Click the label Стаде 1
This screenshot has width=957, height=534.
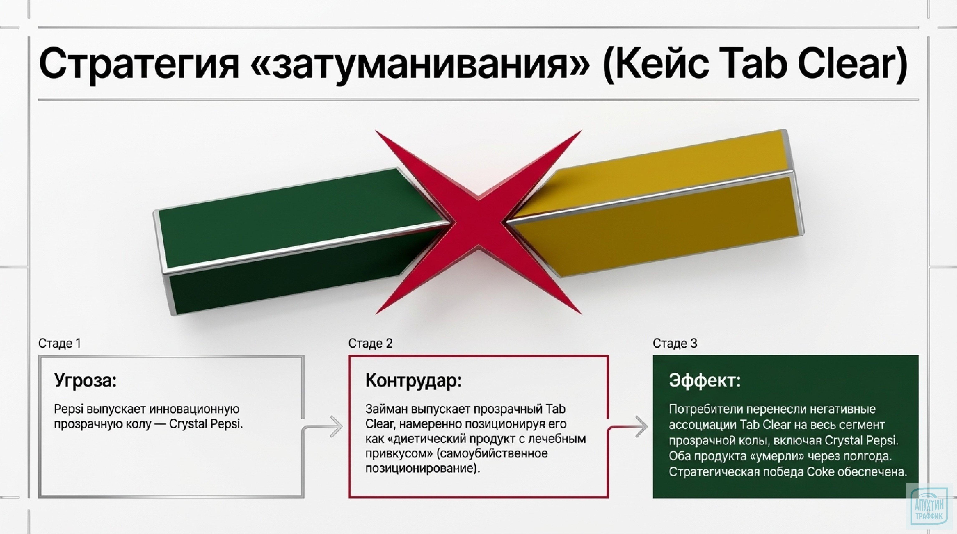59,344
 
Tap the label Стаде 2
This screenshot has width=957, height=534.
370,344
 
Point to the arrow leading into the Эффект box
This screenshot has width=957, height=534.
641,427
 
